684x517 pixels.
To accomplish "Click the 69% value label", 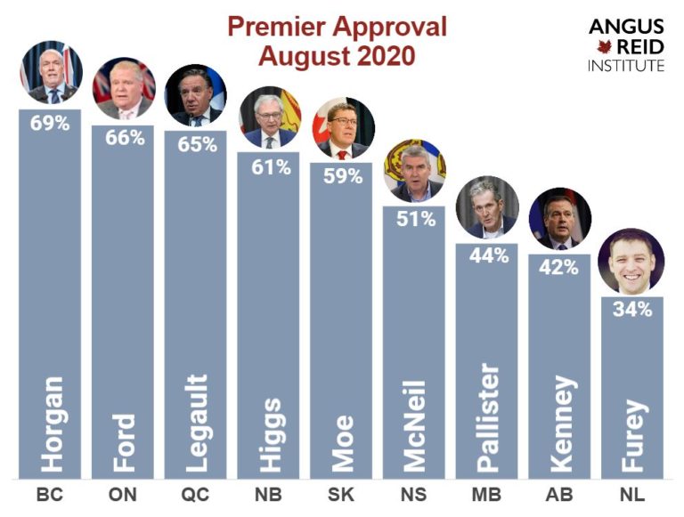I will coord(51,124).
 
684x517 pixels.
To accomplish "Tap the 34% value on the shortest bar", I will coord(631,310).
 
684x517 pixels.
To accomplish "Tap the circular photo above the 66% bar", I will coord(124,89).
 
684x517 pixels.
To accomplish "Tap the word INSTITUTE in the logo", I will coord(625,66).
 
